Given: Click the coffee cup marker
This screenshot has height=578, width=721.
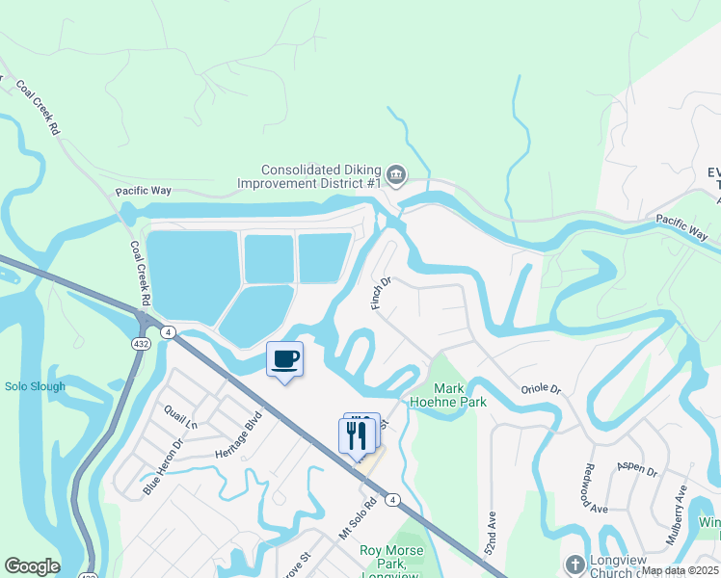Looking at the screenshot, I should (284, 360).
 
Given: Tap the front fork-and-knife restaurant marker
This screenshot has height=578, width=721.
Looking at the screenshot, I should (357, 434).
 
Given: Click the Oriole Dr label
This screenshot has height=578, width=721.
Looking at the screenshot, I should (541, 388).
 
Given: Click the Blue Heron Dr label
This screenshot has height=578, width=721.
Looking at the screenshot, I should (162, 468).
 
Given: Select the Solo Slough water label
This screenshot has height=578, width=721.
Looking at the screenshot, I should (35, 386).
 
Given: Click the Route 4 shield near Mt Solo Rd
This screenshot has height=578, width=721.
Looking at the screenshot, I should (392, 499).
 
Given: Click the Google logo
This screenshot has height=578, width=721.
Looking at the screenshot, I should (32, 566).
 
